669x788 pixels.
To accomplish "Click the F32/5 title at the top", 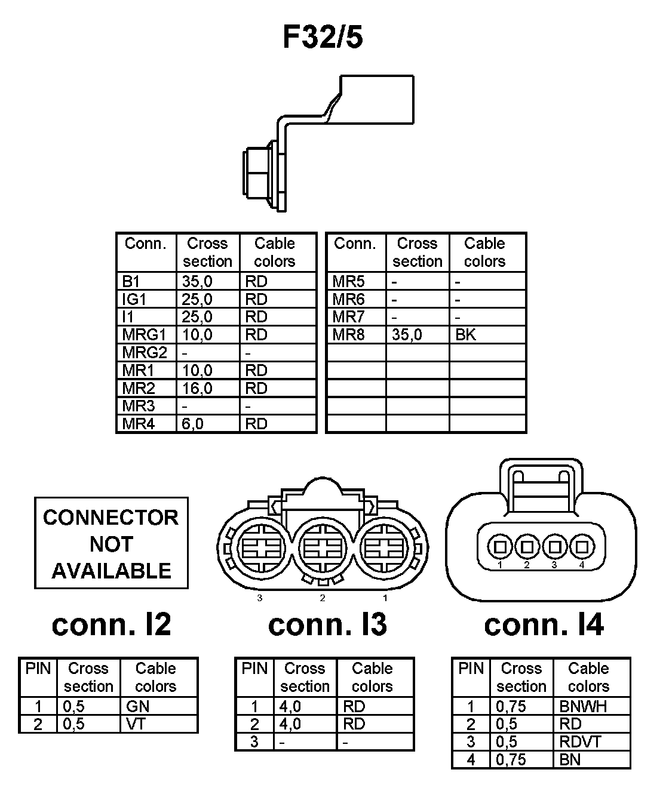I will coord(323,37).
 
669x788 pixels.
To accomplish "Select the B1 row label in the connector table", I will coord(131,281).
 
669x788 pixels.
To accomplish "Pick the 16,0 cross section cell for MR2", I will coord(197,389).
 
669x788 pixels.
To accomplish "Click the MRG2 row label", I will coord(145,353).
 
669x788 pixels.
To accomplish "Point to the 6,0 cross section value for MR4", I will coord(192,424).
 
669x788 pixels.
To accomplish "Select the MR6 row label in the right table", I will coord(348,299).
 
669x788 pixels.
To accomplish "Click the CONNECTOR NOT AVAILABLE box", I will coord(111,543).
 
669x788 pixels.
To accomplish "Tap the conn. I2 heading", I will coord(112,624).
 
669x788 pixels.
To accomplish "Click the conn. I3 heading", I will coord(327,624).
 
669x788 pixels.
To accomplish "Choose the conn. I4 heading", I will coord(544,624).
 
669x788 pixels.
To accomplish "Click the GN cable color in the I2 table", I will coord(137,706).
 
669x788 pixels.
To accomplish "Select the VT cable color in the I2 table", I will coord(136,724).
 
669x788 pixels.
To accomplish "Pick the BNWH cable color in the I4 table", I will coord(583,706).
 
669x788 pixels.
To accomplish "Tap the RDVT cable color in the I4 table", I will coord(580,742).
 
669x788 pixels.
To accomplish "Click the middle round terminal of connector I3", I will coord(323,548).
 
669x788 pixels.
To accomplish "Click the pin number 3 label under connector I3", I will coord(260,598).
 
